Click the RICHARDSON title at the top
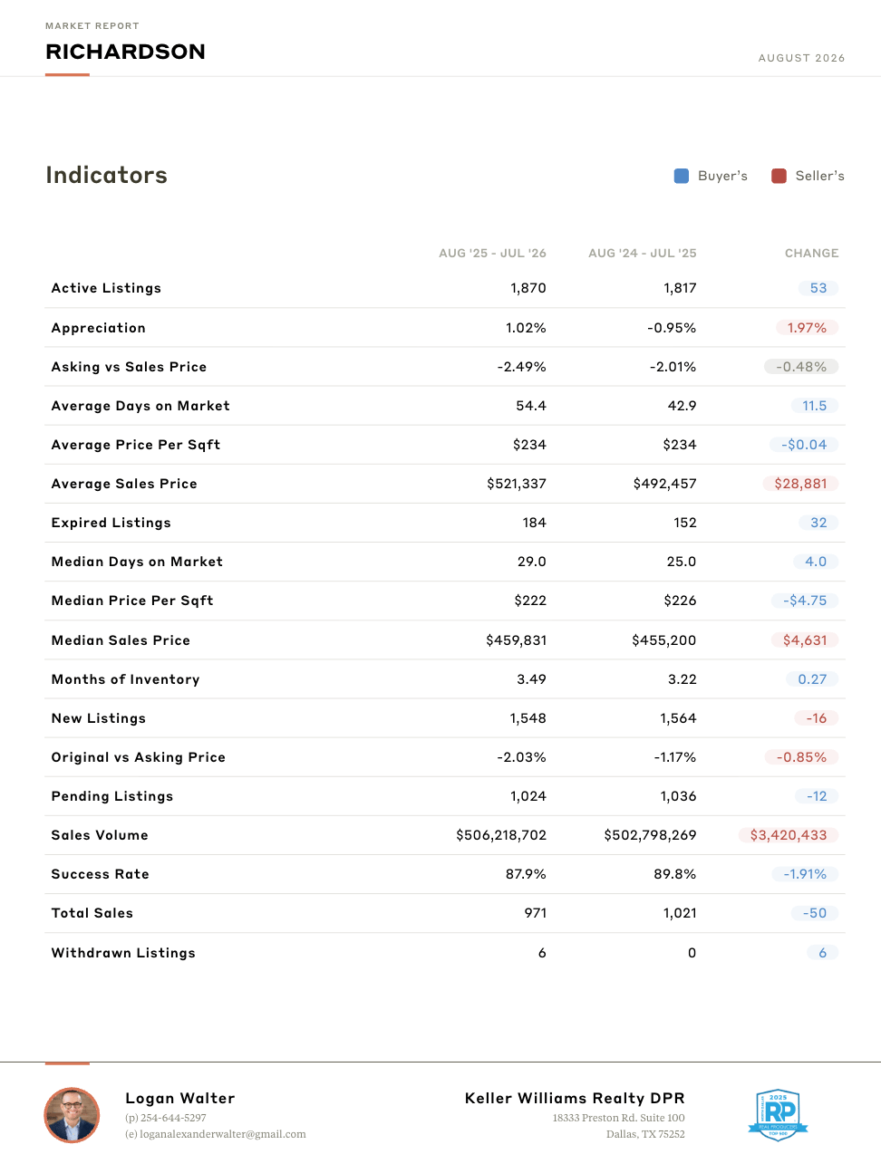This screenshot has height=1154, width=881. [125, 52]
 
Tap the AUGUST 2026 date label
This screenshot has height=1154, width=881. [801, 58]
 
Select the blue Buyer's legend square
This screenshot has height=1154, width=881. [681, 176]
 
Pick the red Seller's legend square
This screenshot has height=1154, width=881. [779, 176]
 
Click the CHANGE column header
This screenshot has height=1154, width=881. [811, 253]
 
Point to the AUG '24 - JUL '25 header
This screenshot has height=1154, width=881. [643, 253]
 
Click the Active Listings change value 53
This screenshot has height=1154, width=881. [818, 288]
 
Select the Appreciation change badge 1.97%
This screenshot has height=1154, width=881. [807, 328]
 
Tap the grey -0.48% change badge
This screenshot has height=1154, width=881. [801, 367]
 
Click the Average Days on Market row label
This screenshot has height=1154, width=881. [140, 406]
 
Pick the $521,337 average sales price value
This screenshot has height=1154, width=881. [517, 484]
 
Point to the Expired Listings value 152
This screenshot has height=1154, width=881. [685, 523]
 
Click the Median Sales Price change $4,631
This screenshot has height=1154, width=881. [805, 640]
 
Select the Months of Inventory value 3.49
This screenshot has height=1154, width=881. [531, 679]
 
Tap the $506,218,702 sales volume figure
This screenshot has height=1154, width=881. [501, 835]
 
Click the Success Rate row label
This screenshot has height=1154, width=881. [100, 874]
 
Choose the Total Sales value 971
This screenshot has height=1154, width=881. [536, 913]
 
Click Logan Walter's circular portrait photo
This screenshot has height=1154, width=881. [72, 1115]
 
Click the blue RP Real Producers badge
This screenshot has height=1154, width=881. [778, 1114]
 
